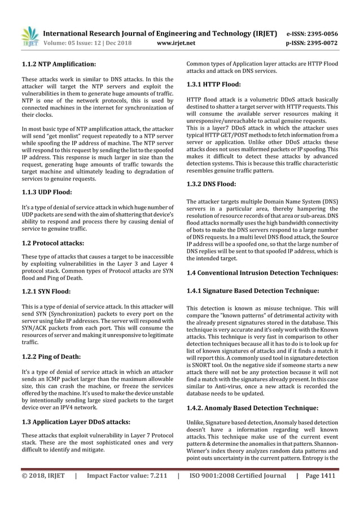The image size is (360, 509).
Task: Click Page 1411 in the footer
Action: coord(319,490)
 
